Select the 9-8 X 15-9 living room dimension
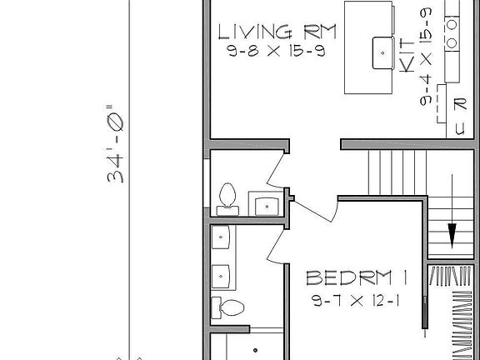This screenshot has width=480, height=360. (275, 52)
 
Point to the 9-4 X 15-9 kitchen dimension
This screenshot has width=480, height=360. (427, 59)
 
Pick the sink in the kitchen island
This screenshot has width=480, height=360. (383, 52)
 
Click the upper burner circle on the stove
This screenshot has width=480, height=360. (453, 24)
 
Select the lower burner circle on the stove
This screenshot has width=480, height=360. (453, 42)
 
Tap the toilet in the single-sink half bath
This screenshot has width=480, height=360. (225, 197)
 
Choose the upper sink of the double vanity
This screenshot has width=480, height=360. (221, 239)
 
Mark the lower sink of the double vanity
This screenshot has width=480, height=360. (221, 273)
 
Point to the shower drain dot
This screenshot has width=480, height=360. (255, 351)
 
